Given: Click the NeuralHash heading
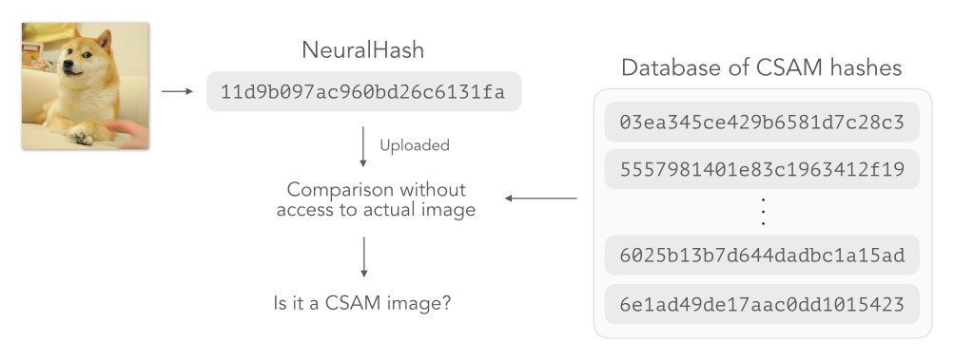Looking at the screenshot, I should pyautogui.click(x=363, y=50).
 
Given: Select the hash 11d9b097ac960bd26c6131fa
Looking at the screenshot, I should pyautogui.click(x=363, y=92).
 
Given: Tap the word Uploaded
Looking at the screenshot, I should pyautogui.click(x=415, y=145).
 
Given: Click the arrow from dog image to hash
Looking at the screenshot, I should pyautogui.click(x=178, y=92).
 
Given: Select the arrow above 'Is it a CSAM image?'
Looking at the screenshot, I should pyautogui.click(x=363, y=256).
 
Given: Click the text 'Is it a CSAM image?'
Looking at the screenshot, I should pyautogui.click(x=362, y=305).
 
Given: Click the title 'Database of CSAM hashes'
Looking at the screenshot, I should pyautogui.click(x=761, y=68).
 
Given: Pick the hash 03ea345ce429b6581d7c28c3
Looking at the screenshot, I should pyautogui.click(x=761, y=123).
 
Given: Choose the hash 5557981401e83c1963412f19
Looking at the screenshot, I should pyautogui.click(x=761, y=170).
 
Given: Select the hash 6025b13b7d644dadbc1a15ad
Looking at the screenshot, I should pyautogui.click(x=761, y=256).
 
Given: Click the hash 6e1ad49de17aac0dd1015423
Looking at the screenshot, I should pyautogui.click(x=761, y=305).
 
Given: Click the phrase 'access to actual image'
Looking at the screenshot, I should pyautogui.click(x=376, y=210).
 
